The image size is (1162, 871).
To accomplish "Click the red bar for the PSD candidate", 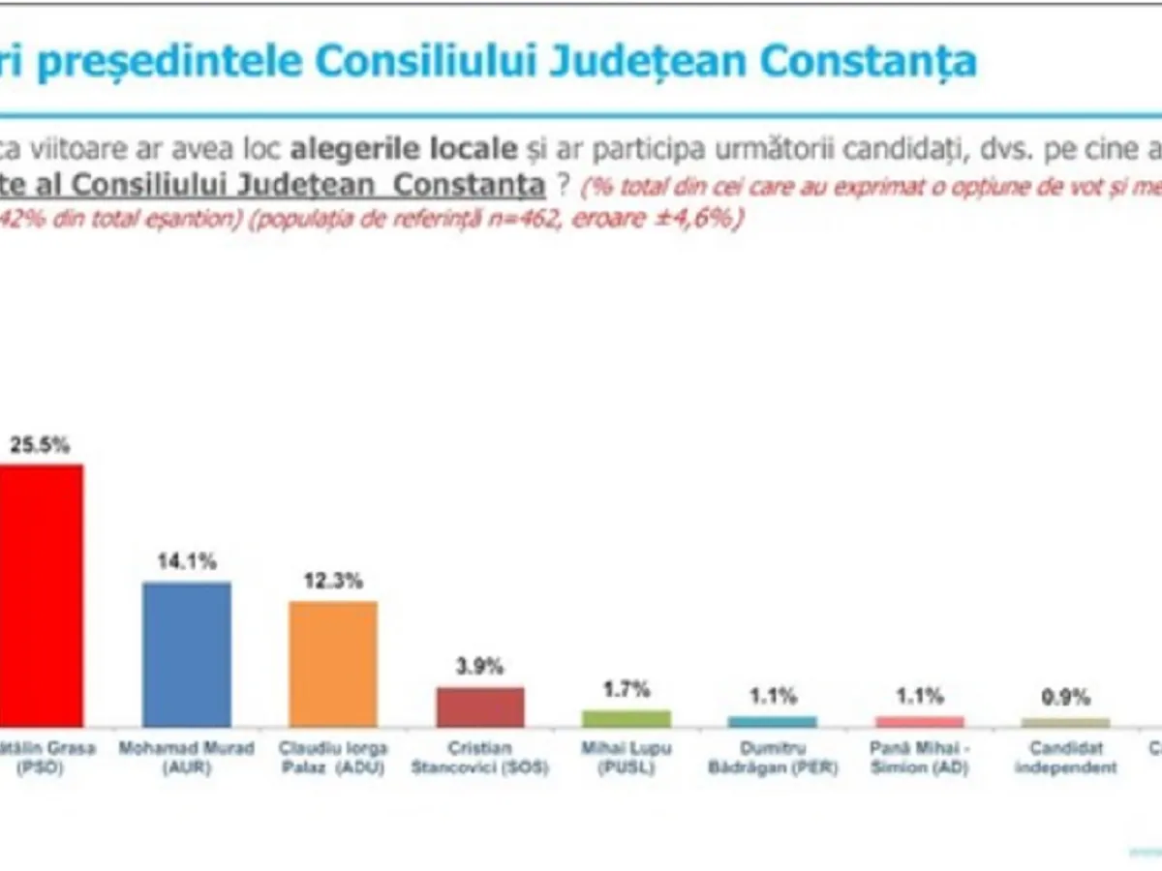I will (x=41, y=595).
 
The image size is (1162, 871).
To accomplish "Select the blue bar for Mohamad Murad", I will (x=187, y=654).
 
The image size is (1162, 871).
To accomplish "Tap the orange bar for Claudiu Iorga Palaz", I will (x=333, y=664).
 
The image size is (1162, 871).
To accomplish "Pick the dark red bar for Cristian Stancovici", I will (x=480, y=707).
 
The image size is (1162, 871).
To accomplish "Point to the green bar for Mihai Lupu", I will (x=627, y=719).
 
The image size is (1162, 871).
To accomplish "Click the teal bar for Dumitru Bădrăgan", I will (x=773, y=722).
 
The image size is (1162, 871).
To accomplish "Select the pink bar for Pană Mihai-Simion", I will (x=920, y=722).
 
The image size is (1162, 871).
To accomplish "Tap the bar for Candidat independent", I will (x=1066, y=723).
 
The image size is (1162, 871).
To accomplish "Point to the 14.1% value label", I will (x=187, y=560).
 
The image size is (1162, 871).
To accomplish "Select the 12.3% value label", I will (x=333, y=581).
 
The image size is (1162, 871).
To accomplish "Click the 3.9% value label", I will (x=480, y=666).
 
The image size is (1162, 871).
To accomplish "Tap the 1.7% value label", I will (x=627, y=689).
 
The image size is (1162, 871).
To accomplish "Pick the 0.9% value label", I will (x=1066, y=697).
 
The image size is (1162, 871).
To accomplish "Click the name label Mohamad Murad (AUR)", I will (x=186, y=757).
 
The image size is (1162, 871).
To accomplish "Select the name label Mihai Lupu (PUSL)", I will (x=627, y=757).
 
